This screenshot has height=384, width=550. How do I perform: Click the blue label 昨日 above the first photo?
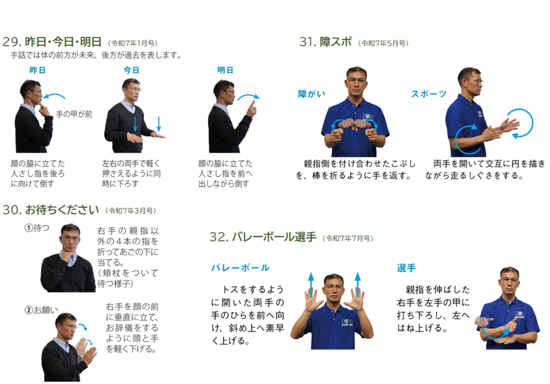[37, 71]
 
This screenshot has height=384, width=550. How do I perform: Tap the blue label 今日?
[131, 71]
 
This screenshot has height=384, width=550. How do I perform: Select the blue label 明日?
[225, 71]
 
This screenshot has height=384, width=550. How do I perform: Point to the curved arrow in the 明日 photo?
[249, 95]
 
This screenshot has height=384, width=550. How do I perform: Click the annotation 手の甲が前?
[74, 114]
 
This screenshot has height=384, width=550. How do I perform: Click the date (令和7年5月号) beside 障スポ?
[383, 43]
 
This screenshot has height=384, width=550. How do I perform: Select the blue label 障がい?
[311, 94]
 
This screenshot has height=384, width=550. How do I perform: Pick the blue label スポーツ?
[428, 94]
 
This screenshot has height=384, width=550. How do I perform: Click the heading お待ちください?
[62, 210]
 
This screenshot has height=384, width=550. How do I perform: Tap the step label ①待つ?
[37, 228]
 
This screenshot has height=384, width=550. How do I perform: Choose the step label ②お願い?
[41, 310]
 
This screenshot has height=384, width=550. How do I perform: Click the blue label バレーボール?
[240, 268]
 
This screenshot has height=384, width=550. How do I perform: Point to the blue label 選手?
[406, 268]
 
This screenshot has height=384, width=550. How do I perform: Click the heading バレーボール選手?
[274, 237]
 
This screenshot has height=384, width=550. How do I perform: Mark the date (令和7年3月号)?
[130, 211]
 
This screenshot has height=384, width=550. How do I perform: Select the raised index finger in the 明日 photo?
[252, 105]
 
